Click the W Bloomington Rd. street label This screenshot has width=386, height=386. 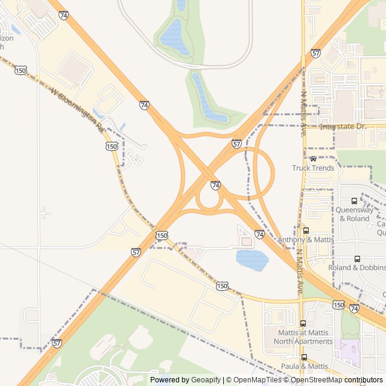pyautogui.click(x=78, y=110)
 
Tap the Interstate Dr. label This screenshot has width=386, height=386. pyautogui.click(x=343, y=127)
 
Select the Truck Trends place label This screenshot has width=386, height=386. pyautogui.click(x=313, y=168)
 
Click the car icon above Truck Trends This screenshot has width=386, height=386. pyautogui.click(x=313, y=159)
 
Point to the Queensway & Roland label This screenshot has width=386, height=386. pyautogui.click(x=353, y=214)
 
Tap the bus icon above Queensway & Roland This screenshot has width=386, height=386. pyautogui.click(x=354, y=201)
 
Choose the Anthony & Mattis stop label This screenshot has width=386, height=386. pyautogui.click(x=306, y=239)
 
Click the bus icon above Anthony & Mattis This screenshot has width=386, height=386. pyautogui.click(x=306, y=230)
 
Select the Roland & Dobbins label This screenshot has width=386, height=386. pyautogui.click(x=357, y=267)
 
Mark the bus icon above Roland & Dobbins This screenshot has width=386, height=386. pyautogui.click(x=357, y=259)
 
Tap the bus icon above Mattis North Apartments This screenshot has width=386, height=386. pyautogui.click(x=303, y=324)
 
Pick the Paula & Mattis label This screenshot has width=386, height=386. pyautogui.click(x=305, y=366)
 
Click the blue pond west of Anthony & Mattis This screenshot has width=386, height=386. pyautogui.click(x=252, y=260)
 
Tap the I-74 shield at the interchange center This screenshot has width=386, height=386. pyautogui.click(x=215, y=185)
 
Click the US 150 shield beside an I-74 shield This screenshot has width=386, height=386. pyautogui.click(x=339, y=305)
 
